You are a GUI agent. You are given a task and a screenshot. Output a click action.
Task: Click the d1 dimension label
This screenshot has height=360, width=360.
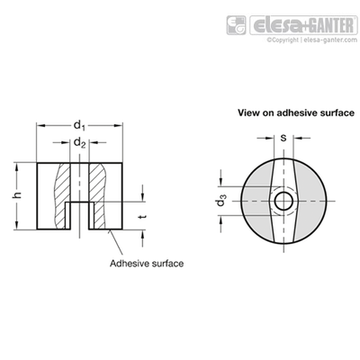(x=79, y=125)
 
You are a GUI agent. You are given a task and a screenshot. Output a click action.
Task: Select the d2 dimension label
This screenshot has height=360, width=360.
(x=80, y=143)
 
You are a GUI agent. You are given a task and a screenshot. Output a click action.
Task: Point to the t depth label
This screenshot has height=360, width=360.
(x=143, y=216)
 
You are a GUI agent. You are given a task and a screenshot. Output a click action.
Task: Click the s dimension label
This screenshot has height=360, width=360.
(x=283, y=138)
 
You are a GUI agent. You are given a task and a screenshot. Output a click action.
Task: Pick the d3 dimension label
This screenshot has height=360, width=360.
(x=221, y=201)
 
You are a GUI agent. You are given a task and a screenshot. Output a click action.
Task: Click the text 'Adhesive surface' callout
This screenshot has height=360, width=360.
(x=147, y=264)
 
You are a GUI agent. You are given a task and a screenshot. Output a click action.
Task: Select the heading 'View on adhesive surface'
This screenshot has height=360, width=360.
(x=296, y=112)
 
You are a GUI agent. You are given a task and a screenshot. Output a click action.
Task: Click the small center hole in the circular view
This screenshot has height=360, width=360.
(x=283, y=201)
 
